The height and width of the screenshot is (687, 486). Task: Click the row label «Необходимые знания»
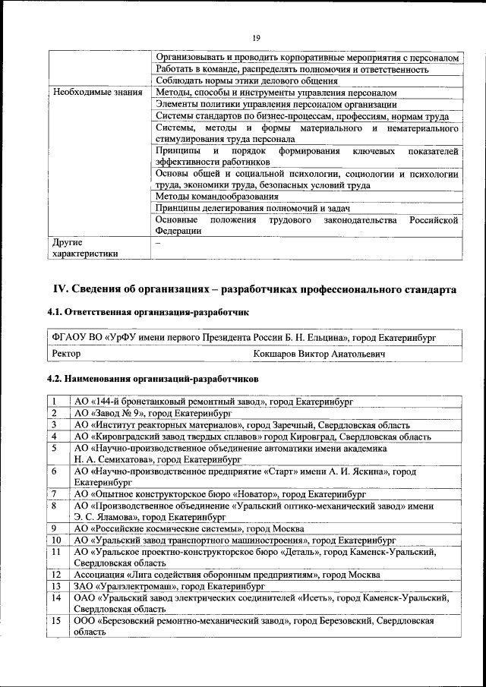coord(96,93)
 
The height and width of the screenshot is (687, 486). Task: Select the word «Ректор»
coord(66,353)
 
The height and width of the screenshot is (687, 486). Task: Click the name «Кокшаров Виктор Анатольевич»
coord(319,353)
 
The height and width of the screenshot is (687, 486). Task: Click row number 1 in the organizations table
coord(55,402)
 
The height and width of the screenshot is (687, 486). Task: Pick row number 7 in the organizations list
coord(55,494)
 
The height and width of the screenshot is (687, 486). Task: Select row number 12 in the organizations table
coord(55,575)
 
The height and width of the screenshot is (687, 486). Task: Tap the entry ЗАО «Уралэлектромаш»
coord(169,586)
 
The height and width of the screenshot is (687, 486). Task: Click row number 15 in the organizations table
coord(55,621)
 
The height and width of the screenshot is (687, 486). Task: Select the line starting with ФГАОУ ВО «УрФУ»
coord(243,336)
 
